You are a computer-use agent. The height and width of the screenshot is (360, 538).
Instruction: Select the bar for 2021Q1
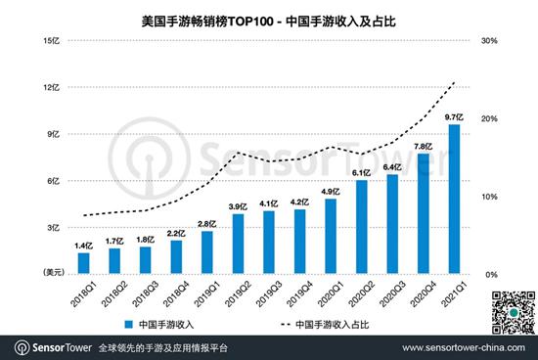tap(454, 199)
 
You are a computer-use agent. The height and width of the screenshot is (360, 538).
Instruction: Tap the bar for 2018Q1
tap(84, 263)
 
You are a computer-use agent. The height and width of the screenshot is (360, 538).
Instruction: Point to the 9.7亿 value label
tap(454, 117)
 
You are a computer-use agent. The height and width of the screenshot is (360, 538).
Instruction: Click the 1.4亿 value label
tap(84, 246)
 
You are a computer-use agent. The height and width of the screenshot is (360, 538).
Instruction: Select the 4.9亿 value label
tap(331, 192)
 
